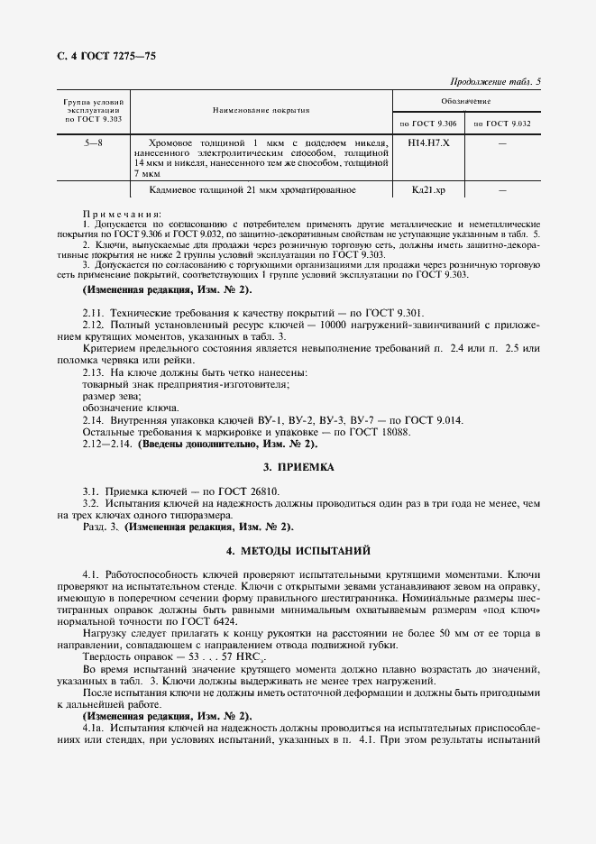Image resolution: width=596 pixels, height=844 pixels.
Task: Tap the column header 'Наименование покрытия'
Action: point(261,110)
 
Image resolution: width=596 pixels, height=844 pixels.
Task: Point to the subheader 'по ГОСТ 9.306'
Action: point(428,123)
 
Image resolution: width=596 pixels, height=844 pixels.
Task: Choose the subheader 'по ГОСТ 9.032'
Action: point(501,123)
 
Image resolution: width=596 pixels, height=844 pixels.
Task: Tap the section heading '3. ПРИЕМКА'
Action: point(298,467)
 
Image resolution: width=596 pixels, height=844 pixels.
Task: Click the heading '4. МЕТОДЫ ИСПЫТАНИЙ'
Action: point(298,550)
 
